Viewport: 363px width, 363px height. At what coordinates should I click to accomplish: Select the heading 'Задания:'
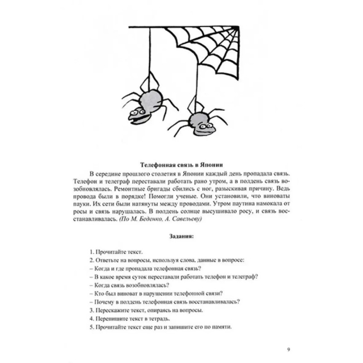point(181,236)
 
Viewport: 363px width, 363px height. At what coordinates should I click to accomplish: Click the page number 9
point(289,349)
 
